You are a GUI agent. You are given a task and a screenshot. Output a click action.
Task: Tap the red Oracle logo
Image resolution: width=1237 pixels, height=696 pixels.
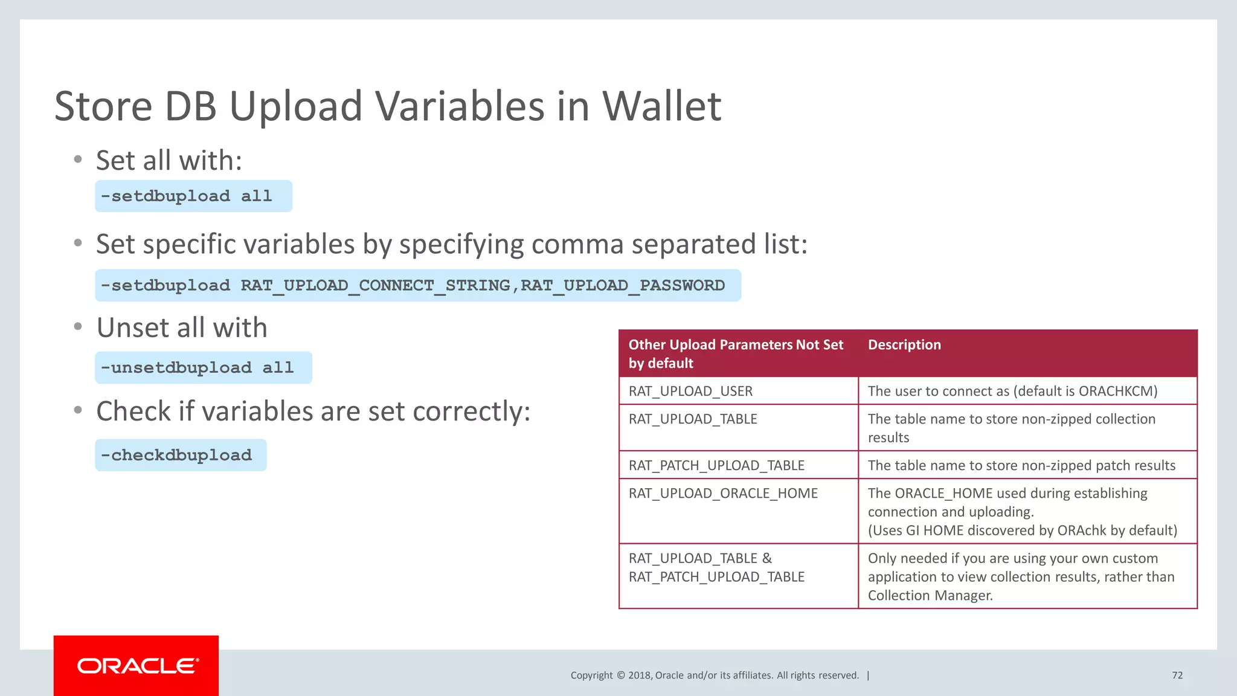pyautogui.click(x=137, y=666)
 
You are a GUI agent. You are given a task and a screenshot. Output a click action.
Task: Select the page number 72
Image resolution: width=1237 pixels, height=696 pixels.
pyautogui.click(x=1177, y=675)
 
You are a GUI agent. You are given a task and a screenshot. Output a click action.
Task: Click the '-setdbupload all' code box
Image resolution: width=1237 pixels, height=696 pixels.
pyautogui.click(x=193, y=196)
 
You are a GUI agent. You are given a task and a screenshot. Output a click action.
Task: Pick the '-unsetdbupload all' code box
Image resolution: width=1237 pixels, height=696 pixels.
pyautogui.click(x=203, y=368)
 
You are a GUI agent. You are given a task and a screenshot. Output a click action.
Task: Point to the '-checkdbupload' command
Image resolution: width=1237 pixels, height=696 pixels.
pyautogui.click(x=181, y=456)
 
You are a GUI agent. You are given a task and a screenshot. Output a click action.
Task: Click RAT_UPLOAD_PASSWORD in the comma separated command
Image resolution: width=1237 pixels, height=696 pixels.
pyautogui.click(x=623, y=285)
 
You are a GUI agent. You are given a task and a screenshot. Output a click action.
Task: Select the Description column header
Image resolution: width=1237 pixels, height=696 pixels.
pyautogui.click(x=904, y=345)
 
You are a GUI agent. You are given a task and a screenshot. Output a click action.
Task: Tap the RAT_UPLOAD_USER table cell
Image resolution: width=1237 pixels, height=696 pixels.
pyautogui.click(x=690, y=391)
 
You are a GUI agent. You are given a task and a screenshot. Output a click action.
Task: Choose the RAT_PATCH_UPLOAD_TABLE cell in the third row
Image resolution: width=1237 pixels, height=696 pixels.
pyautogui.click(x=716, y=466)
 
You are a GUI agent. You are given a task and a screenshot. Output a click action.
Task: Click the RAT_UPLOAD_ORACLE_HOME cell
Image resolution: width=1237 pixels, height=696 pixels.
pyautogui.click(x=723, y=494)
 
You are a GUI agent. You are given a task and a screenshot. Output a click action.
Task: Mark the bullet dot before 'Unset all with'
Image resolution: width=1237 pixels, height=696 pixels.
pyautogui.click(x=78, y=327)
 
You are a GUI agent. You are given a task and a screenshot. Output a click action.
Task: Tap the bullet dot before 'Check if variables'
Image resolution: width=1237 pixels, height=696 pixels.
pyautogui.click(x=78, y=410)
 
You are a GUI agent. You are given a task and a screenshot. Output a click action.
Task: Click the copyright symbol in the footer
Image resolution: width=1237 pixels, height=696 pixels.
pyautogui.click(x=620, y=675)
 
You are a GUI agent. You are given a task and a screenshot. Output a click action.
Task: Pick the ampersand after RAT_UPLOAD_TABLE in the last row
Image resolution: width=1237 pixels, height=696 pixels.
pyautogui.click(x=767, y=558)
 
